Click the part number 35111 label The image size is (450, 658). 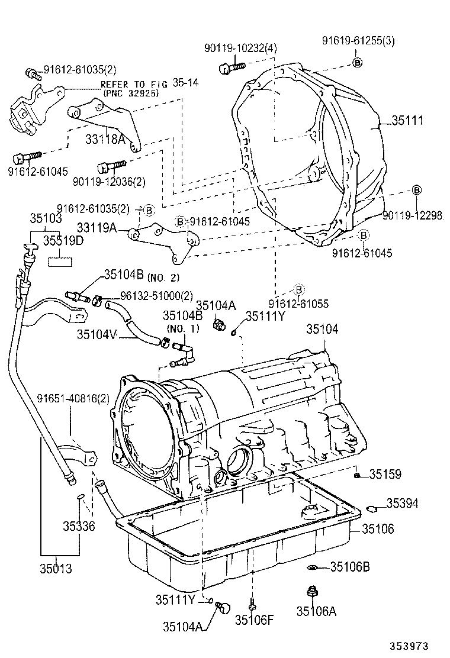click(x=407, y=121)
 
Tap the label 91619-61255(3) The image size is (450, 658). click(x=358, y=41)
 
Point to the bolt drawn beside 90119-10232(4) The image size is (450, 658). click(x=229, y=68)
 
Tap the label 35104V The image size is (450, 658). click(x=96, y=334)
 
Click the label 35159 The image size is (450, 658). click(x=385, y=474)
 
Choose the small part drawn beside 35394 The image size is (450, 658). click(x=372, y=507)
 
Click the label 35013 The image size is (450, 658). click(x=56, y=569)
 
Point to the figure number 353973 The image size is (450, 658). click(x=408, y=647)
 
